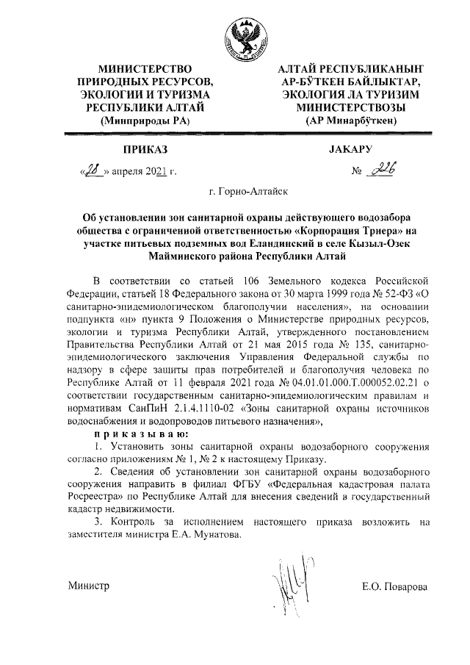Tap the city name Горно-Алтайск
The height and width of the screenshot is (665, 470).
248,193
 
